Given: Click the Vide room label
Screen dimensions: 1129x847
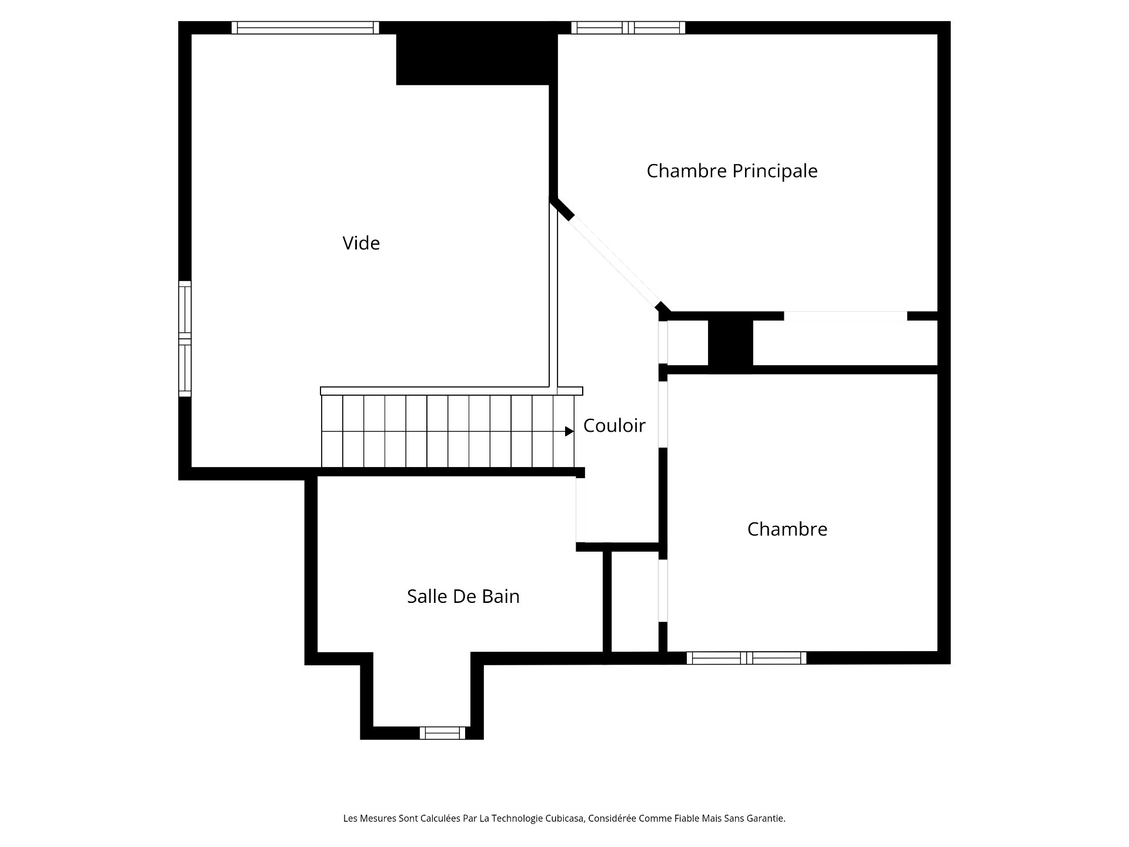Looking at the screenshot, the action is click(361, 243).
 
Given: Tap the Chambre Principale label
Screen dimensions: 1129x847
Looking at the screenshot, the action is click(732, 171).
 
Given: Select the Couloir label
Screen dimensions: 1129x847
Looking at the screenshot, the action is click(614, 425).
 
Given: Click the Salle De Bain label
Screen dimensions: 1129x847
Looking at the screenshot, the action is click(463, 596).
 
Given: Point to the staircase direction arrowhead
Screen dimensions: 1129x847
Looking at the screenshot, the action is click(569, 432).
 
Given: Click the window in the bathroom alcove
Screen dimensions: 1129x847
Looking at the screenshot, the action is click(442, 733).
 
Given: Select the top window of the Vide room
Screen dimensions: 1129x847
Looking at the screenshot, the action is click(305, 28).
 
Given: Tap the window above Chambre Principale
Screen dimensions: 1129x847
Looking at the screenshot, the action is click(628, 28).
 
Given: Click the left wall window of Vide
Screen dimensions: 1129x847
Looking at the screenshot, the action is click(185, 339).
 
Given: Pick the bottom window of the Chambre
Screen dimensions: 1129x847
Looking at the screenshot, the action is click(746, 658).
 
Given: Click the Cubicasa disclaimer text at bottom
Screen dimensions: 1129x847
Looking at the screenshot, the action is click(564, 818).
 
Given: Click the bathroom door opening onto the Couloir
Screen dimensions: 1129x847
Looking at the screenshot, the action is click(580, 509).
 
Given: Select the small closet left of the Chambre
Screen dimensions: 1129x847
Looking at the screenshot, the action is click(635, 601).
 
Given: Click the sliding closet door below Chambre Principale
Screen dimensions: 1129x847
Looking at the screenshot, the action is click(846, 316).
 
